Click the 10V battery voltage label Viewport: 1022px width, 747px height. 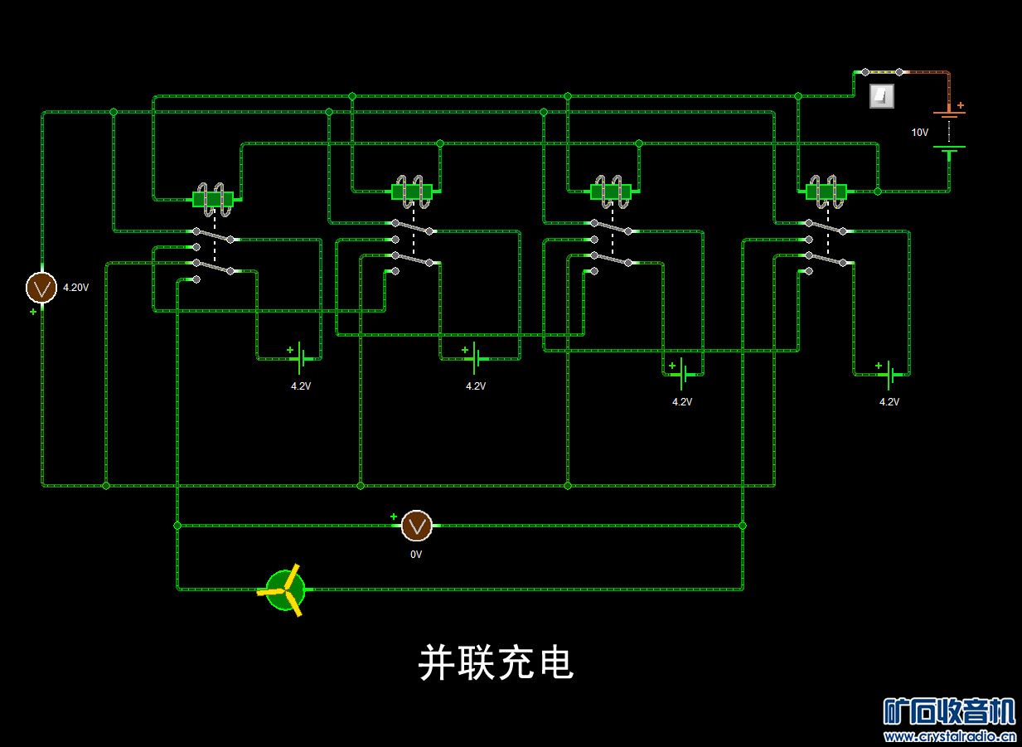click(920, 133)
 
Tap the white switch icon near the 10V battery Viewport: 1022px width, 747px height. click(882, 96)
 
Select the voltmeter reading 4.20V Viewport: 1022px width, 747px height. click(41, 288)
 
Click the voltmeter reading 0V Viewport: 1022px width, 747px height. click(417, 526)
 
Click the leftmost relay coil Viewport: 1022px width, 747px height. click(214, 197)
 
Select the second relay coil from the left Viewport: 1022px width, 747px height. click(412, 192)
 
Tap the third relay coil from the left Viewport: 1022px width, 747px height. click(612, 192)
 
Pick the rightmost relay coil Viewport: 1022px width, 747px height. click(826, 192)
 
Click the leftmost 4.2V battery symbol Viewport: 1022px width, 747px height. click(302, 358)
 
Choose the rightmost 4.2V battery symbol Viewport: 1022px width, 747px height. click(889, 375)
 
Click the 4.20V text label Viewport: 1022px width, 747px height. click(75, 288)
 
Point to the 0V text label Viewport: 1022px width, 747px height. click(416, 555)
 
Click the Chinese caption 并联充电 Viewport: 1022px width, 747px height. click(496, 662)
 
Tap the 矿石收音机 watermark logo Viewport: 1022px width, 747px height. click(949, 711)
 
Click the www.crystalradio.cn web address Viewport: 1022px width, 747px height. click(950, 736)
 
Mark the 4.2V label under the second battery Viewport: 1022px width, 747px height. click(475, 386)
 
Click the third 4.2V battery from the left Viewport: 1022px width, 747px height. click(681, 375)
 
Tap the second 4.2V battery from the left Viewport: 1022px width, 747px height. click(475, 358)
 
